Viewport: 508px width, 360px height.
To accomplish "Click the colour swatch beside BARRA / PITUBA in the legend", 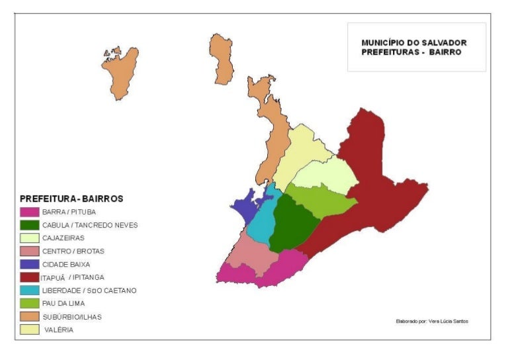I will click(x=29, y=212).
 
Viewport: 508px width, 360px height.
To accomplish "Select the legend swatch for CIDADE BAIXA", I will click(x=29, y=264).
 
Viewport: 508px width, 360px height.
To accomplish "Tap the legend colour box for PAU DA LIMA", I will click(x=29, y=303).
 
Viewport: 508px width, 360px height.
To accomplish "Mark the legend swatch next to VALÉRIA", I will click(x=29, y=329).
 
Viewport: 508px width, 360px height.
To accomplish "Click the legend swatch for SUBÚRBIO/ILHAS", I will click(x=29, y=316).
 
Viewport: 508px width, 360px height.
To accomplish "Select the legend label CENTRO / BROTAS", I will click(x=73, y=251).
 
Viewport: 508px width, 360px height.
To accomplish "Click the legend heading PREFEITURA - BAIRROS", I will click(x=71, y=199).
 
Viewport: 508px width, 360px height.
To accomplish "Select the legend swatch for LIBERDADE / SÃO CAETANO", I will click(x=29, y=290).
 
